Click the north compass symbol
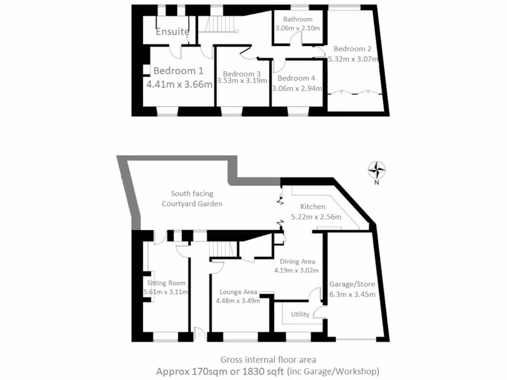tap(377, 170)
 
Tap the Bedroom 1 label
tap(178, 71)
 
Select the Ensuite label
tap(173, 32)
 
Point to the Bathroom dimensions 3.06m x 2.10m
tap(298, 28)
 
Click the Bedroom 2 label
tap(352, 49)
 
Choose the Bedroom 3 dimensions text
tap(242, 81)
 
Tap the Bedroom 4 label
tap(296, 78)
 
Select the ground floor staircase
tap(221, 251)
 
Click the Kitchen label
tap(313, 207)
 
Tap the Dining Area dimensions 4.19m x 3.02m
tap(296, 270)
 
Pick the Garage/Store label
tap(352, 285)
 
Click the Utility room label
tap(300, 314)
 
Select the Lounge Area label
tap(238, 292)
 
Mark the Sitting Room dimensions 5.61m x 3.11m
tap(165, 291)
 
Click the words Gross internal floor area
tap(268, 360)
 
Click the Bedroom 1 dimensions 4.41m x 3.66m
tap(180, 84)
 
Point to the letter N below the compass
tap(377, 182)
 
